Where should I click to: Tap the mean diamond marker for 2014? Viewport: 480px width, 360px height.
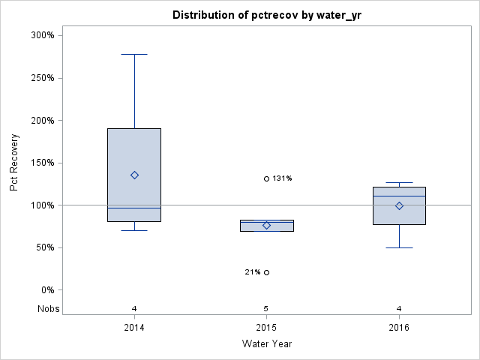pyautogui.click(x=134, y=175)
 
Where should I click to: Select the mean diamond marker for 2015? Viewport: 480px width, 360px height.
pyautogui.click(x=266, y=225)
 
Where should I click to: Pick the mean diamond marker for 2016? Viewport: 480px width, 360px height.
pyautogui.click(x=399, y=205)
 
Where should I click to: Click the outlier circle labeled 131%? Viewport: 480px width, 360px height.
pyautogui.click(x=266, y=178)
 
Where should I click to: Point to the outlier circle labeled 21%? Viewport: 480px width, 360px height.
pyautogui.click(x=266, y=272)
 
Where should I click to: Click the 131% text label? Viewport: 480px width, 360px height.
pyautogui.click(x=283, y=178)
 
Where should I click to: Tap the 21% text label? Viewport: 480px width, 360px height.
pyautogui.click(x=252, y=272)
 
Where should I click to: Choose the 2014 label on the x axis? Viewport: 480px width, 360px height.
pyautogui.click(x=134, y=328)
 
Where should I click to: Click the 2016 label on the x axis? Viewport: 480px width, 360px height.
pyautogui.click(x=399, y=328)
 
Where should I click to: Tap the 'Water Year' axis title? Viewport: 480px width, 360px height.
pyautogui.click(x=266, y=344)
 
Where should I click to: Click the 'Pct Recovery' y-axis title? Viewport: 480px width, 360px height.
pyautogui.click(x=15, y=163)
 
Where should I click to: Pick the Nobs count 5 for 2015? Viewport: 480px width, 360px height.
pyautogui.click(x=266, y=308)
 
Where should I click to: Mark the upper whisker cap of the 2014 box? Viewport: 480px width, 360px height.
pyautogui.click(x=134, y=54)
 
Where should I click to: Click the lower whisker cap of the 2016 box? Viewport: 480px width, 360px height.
pyautogui.click(x=399, y=247)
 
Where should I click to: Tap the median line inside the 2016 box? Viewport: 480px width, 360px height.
pyautogui.click(x=399, y=196)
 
